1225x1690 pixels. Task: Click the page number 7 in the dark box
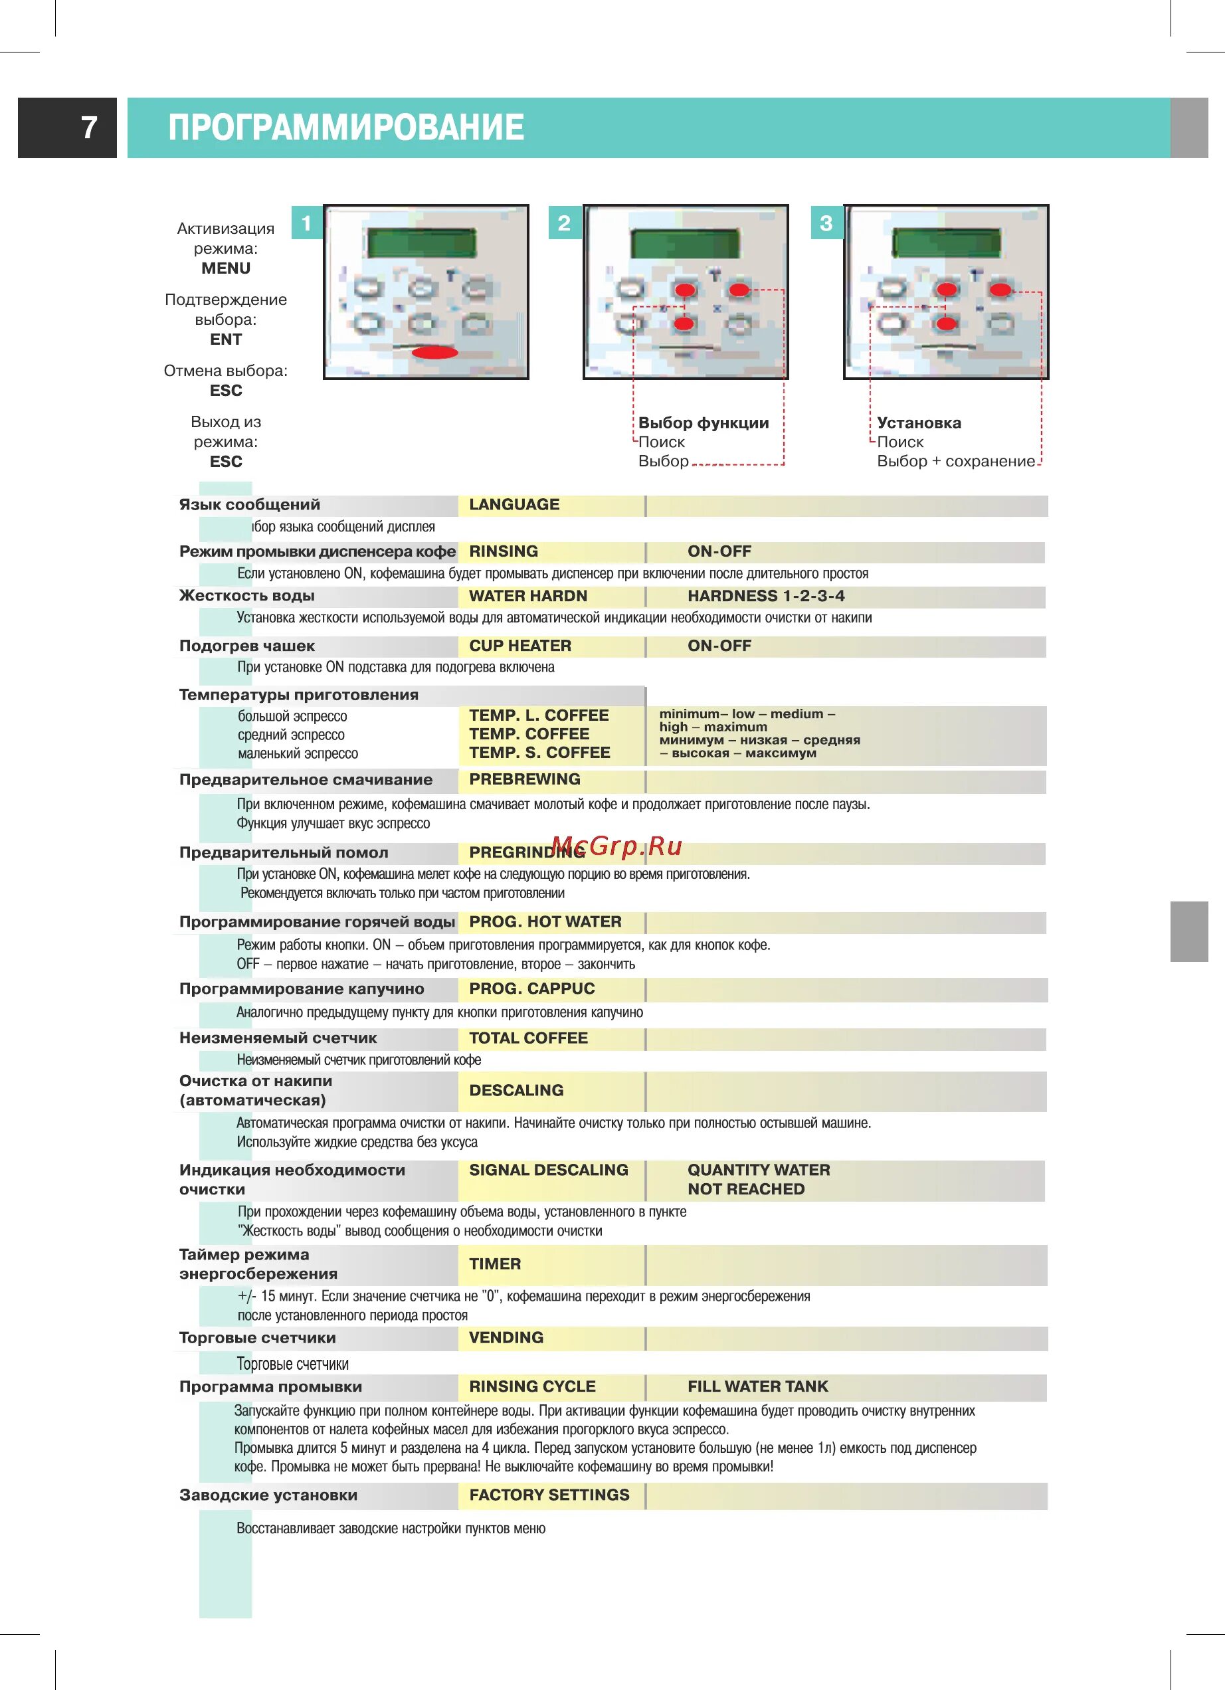(88, 128)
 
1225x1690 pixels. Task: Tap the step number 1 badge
(306, 223)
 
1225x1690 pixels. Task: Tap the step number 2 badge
(564, 223)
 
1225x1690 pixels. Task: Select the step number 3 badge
(826, 223)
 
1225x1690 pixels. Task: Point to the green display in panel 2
(685, 244)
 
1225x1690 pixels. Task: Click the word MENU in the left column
(226, 268)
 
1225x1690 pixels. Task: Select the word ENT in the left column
(226, 339)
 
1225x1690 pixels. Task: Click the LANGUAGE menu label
(514, 504)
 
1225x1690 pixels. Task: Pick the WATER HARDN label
(527, 596)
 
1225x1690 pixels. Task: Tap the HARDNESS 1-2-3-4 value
(766, 596)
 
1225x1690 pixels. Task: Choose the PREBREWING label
(525, 779)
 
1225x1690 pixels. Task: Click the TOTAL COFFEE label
(528, 1038)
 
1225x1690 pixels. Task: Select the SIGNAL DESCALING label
(549, 1170)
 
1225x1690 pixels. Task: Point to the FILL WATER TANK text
(758, 1386)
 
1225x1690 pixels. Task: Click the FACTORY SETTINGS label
(549, 1495)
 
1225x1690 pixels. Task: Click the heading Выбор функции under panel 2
(704, 423)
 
